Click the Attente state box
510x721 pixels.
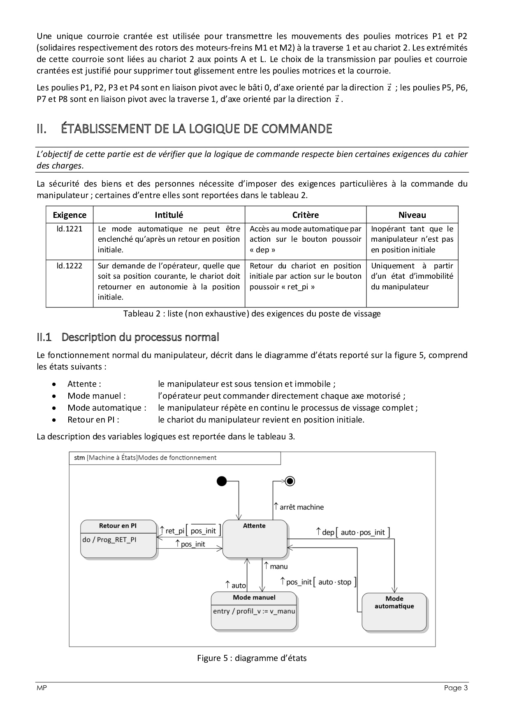click(255, 539)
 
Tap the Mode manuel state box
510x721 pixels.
click(254, 610)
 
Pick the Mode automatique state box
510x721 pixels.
click(394, 611)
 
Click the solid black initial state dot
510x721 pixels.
click(222, 481)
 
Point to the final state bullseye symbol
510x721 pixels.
click(290, 481)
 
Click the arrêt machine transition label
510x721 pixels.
click(299, 507)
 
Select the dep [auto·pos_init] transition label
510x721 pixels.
click(352, 532)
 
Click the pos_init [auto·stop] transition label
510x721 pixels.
click(318, 582)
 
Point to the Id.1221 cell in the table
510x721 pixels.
click(70, 229)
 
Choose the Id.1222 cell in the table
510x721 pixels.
click(70, 266)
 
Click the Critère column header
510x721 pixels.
click(306, 215)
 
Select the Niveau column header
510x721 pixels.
click(412, 215)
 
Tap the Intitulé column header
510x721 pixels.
click(169, 215)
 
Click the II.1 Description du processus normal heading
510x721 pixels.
click(128, 337)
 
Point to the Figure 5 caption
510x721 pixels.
click(252, 658)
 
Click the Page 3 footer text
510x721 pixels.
click(456, 688)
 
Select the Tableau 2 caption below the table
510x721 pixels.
click(252, 314)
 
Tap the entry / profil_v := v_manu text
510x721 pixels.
click(254, 611)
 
